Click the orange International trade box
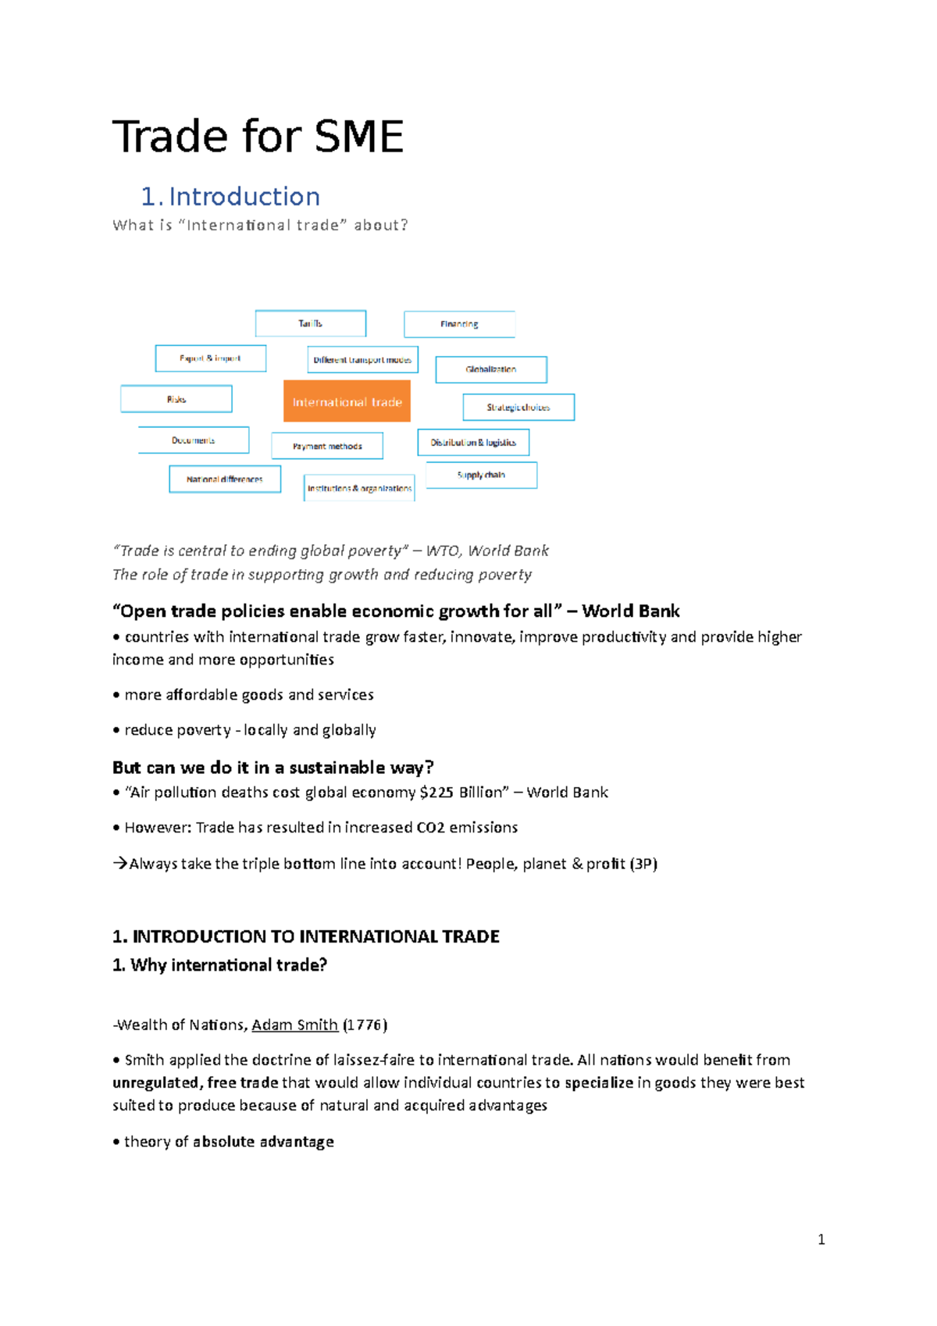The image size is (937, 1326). point(347,401)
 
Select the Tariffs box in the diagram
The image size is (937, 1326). point(310,323)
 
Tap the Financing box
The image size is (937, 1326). point(459,324)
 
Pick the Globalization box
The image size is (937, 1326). point(490,369)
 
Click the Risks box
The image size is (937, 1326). point(176,399)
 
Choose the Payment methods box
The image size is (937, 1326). point(327,446)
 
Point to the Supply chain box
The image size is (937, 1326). point(481,475)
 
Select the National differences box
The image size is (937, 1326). point(225,479)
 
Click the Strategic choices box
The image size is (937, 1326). point(518,408)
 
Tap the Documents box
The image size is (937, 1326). point(194,440)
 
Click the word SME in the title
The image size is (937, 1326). point(358,137)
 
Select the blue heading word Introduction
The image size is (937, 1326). point(244,196)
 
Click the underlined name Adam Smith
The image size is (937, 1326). point(294,1025)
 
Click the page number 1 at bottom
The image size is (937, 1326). point(821,1239)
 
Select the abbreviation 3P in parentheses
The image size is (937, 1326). point(644,864)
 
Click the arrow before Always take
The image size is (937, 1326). point(119,864)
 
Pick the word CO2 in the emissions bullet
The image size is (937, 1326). point(430,827)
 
